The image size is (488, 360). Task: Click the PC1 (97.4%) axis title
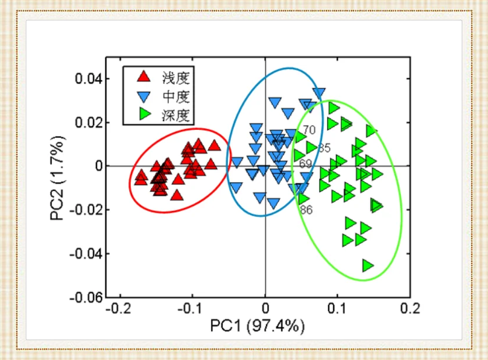(257, 325)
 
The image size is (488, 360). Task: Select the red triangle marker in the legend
(143, 77)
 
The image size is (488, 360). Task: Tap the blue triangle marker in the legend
(143, 95)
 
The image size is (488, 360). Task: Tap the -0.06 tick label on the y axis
(85, 297)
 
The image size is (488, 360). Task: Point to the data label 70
(309, 130)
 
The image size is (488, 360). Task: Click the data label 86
(306, 209)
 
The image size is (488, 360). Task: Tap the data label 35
(324, 148)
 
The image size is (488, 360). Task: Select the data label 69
(306, 164)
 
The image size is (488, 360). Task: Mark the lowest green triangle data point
(368, 266)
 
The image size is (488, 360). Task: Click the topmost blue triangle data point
(319, 93)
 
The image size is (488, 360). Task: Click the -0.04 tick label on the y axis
(85, 254)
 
